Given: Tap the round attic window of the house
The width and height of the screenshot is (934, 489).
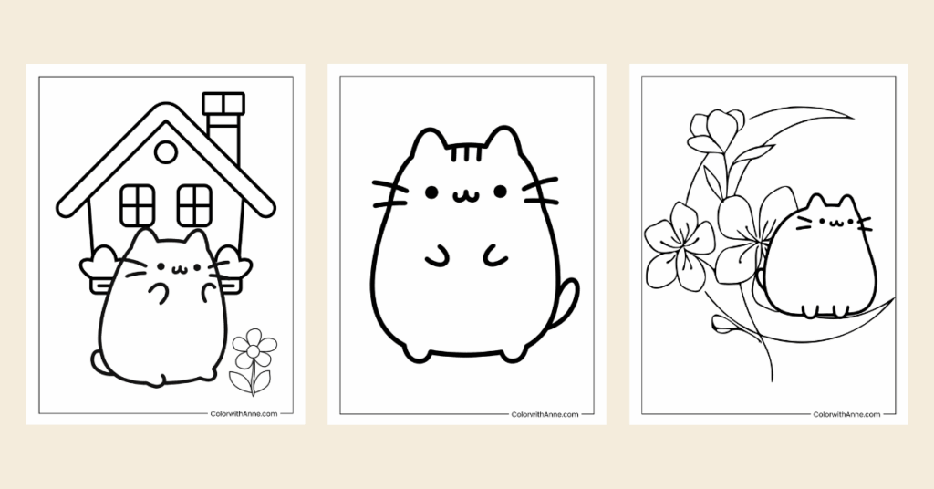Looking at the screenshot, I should (x=165, y=152).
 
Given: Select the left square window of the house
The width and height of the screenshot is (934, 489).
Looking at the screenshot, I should (x=138, y=204).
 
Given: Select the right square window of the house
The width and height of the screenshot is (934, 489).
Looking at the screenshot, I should (x=193, y=204).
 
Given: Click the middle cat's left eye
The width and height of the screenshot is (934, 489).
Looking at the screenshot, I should (x=431, y=192).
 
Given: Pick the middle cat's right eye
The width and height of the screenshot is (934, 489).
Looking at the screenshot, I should (x=500, y=191).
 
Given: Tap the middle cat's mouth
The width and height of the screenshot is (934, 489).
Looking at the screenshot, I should (x=465, y=194).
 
